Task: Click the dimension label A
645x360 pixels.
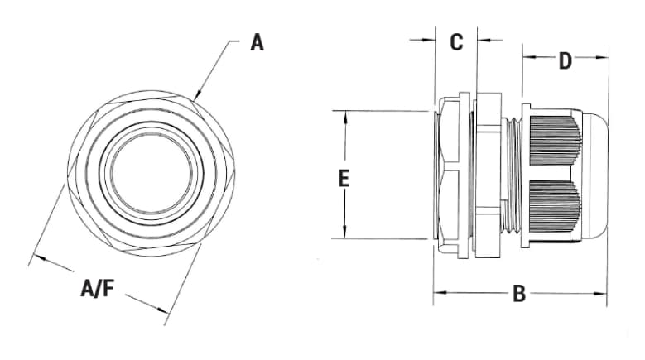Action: (x=258, y=42)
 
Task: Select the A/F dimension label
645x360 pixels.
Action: (x=98, y=288)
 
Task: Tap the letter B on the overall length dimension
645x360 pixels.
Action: (x=519, y=294)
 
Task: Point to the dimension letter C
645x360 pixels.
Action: (x=456, y=42)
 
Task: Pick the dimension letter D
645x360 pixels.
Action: (x=565, y=61)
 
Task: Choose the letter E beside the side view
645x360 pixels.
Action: (x=344, y=178)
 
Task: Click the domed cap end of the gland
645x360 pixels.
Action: (x=594, y=177)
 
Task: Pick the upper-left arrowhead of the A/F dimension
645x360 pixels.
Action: (x=36, y=259)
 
